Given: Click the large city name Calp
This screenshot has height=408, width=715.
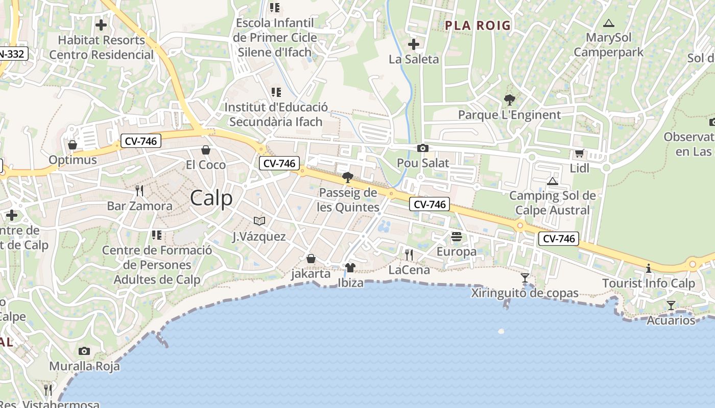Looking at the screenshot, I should click(211, 198).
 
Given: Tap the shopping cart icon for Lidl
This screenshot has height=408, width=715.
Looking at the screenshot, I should click(579, 153).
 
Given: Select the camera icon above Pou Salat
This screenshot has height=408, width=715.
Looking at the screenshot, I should click(423, 148).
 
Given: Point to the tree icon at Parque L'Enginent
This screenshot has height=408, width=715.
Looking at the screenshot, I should click(509, 99).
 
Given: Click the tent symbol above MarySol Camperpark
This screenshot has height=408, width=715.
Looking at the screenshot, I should click(608, 23).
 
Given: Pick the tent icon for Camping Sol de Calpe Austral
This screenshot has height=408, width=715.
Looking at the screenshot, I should click(552, 181).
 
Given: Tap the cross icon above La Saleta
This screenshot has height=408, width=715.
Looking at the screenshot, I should click(414, 44).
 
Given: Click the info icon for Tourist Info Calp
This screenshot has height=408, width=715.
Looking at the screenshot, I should click(649, 268).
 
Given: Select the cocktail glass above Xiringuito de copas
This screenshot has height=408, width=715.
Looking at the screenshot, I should click(525, 278).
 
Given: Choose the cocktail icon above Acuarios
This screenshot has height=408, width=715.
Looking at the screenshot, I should click(671, 305).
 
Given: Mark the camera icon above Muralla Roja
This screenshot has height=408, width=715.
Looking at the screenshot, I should click(84, 351).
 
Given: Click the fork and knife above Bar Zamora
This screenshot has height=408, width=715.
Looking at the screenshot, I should click(139, 191).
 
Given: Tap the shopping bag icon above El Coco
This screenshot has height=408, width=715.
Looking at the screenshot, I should click(206, 149).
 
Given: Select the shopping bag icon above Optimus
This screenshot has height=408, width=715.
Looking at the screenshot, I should click(73, 145).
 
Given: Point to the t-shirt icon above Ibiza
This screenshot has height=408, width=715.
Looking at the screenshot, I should click(350, 268).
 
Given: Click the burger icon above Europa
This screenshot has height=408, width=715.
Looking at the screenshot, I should click(457, 236).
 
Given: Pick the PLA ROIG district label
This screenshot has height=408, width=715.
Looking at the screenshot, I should click(478, 25).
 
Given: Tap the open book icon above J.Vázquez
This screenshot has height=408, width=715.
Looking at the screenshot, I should click(259, 221).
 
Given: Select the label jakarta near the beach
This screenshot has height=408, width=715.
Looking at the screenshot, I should click(311, 273).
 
